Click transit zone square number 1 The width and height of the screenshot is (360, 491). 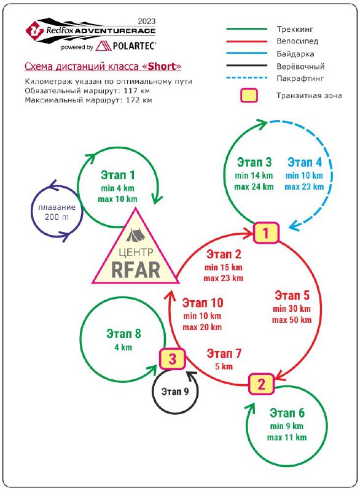point(265,233)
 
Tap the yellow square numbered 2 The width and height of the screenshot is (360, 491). point(261,384)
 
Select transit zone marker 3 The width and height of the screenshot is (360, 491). point(173,358)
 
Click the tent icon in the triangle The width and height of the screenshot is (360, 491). point(136,235)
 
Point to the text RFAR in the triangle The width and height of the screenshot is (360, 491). point(136,270)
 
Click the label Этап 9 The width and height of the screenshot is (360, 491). point(175,392)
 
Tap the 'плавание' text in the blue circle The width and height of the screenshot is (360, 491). point(57,207)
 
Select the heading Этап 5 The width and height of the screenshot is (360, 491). point(292,295)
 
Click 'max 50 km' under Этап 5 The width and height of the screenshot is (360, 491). point(292,320)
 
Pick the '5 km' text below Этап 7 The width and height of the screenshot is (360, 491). point(224,366)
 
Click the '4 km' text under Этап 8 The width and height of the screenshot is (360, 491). point(123,347)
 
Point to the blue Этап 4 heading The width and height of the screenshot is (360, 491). point(305,163)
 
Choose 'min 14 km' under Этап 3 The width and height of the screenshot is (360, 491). point(254,176)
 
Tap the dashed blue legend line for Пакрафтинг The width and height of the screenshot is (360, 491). point(247,78)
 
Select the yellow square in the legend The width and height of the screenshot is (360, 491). point(249,96)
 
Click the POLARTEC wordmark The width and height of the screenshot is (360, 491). point(134,46)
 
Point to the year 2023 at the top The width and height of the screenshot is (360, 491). point(147,21)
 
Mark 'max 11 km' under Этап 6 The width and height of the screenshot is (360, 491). point(287,437)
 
